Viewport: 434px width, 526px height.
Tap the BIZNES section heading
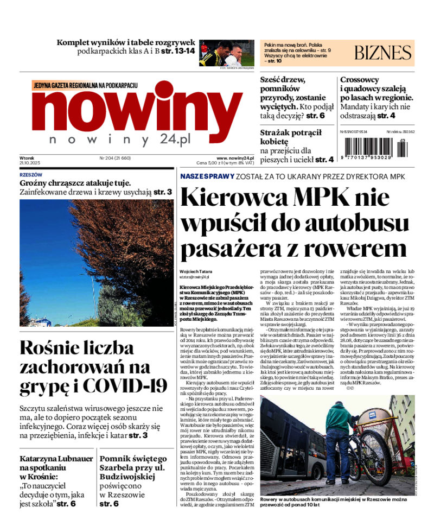pyautogui.click(x=382, y=53)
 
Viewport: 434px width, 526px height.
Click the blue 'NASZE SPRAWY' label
pyautogui.click(x=207, y=176)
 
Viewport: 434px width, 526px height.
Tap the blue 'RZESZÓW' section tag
pyautogui.click(x=31, y=175)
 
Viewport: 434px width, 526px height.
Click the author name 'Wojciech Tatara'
pyautogui.click(x=196, y=271)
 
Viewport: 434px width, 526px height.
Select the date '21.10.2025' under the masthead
pyautogui.click(x=30, y=163)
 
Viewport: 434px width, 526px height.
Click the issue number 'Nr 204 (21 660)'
pyautogui.click(x=116, y=158)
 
